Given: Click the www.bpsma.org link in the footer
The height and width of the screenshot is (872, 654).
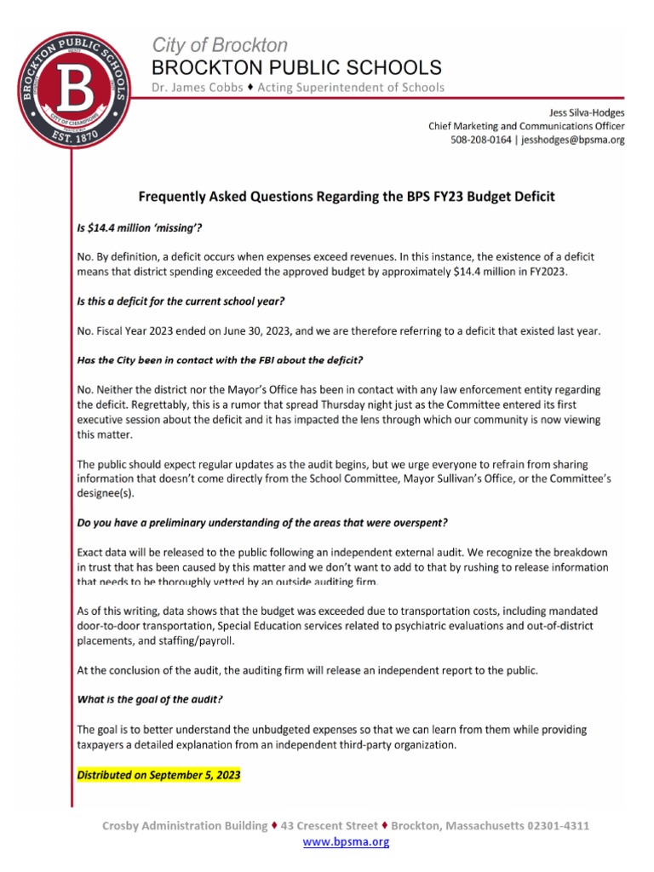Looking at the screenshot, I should pos(346,842).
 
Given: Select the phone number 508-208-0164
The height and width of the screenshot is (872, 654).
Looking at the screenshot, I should pos(481,140).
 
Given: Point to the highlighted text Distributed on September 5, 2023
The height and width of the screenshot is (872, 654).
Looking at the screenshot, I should pos(159,776).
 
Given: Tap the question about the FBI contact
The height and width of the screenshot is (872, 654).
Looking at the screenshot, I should pos(219,361).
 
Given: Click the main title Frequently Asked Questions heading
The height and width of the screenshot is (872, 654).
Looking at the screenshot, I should pos(346,197).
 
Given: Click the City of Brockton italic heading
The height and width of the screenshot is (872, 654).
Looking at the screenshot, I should pos(220,45).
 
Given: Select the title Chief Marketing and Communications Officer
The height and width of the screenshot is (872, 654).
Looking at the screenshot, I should pos(525,126).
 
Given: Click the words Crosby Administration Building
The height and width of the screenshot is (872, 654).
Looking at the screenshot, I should pos(184,826).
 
